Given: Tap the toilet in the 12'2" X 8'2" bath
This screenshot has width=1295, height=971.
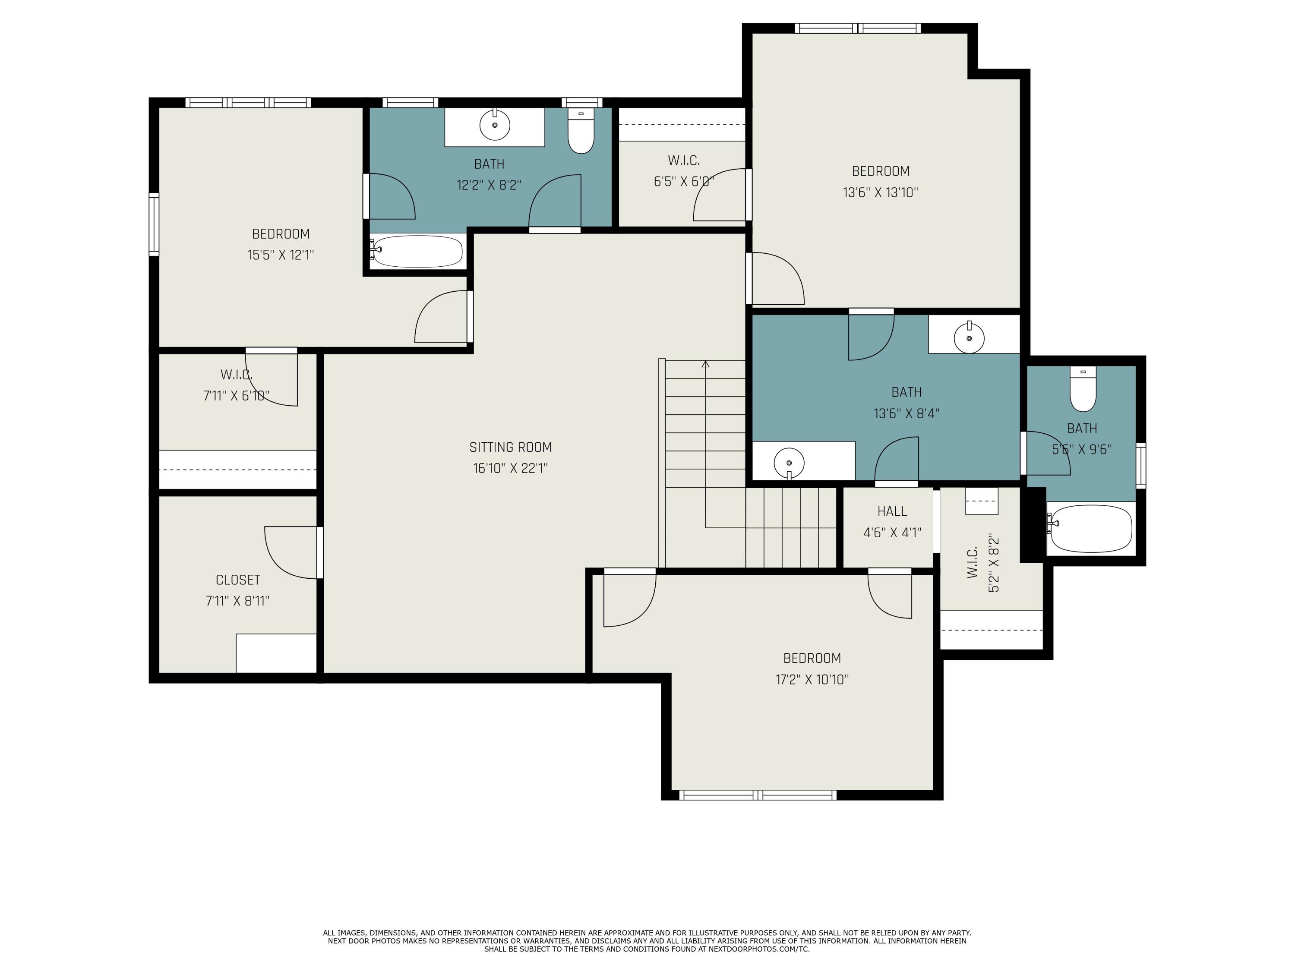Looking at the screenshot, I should point(581,132).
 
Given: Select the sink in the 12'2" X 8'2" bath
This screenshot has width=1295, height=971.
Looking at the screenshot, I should point(495,125).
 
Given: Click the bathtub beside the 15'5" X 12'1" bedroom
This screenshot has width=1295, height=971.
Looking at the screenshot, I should point(417,252).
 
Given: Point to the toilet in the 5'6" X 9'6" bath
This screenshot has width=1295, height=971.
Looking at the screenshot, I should point(1083,391).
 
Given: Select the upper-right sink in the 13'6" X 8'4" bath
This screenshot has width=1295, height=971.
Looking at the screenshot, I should point(969,338).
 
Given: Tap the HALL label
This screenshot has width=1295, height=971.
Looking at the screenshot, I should point(892,511).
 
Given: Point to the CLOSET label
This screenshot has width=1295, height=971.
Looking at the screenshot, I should point(238,580).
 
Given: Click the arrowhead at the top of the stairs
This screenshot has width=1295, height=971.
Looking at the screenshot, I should point(705,364).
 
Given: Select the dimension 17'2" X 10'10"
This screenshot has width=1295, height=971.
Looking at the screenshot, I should point(812,680).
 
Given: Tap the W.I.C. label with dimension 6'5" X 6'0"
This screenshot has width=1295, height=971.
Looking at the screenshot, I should point(684,161).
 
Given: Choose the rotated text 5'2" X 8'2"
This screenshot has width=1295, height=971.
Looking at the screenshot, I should point(994,562).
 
